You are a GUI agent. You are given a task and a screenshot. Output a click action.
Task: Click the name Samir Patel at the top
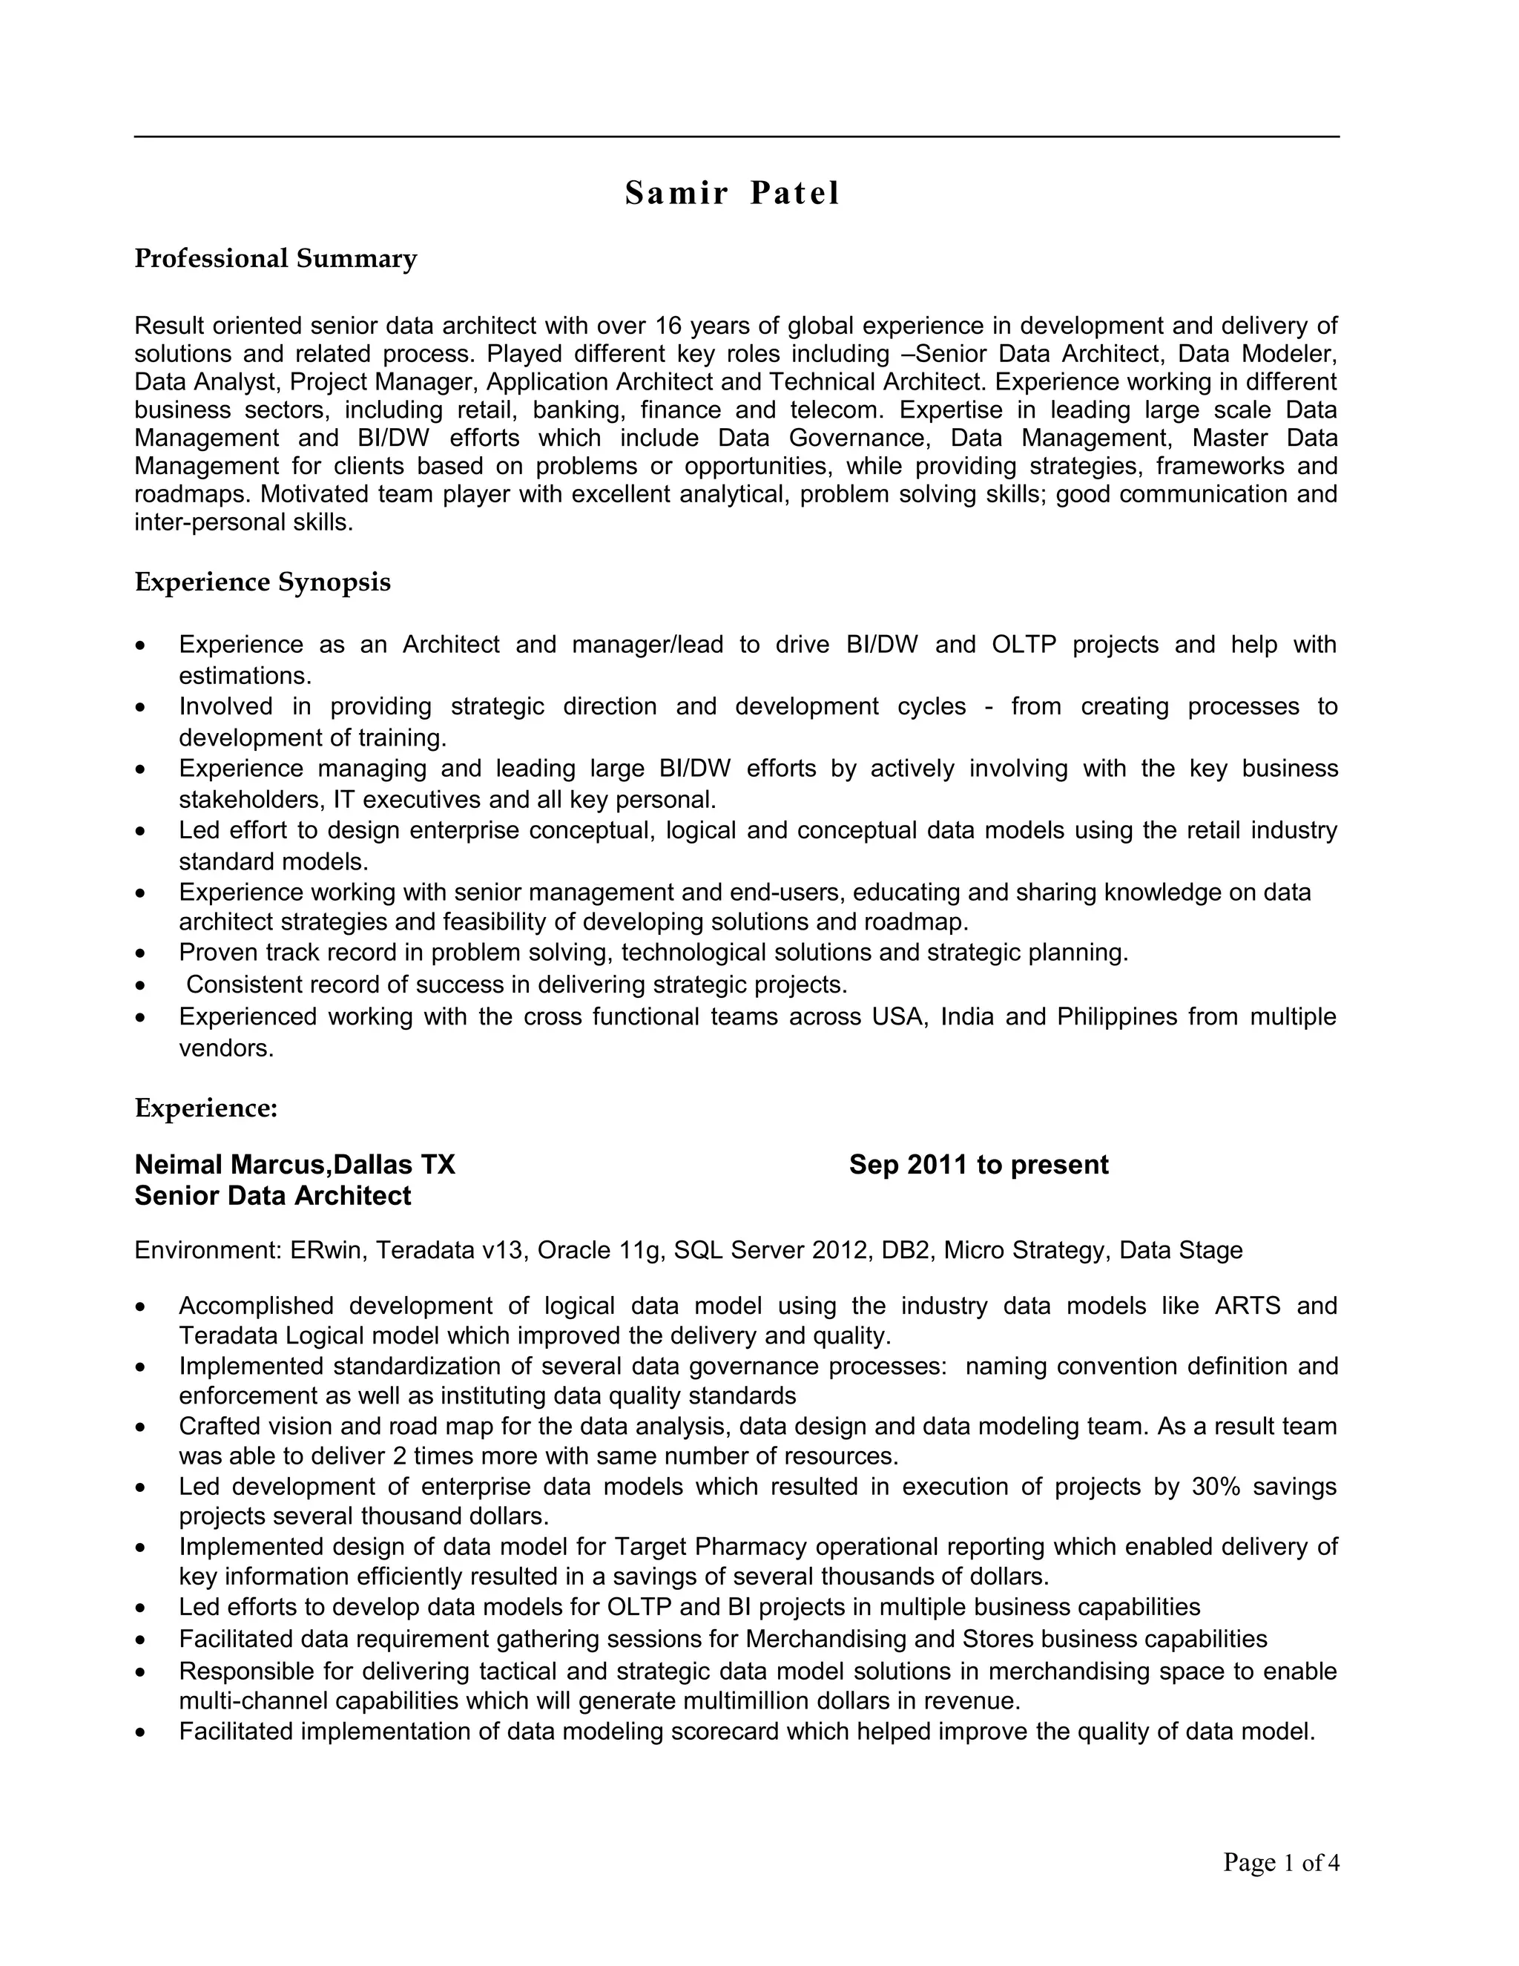(x=731, y=194)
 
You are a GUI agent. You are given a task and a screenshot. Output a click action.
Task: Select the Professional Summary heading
(x=275, y=259)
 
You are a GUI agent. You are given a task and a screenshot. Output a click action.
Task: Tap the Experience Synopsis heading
(x=263, y=582)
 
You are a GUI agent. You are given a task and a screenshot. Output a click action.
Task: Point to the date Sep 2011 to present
(x=978, y=1165)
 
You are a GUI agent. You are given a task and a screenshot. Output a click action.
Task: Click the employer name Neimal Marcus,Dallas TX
(x=295, y=1165)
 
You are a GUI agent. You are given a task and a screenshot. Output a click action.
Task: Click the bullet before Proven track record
(x=139, y=953)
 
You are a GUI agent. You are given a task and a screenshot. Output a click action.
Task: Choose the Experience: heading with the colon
(x=206, y=1108)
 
